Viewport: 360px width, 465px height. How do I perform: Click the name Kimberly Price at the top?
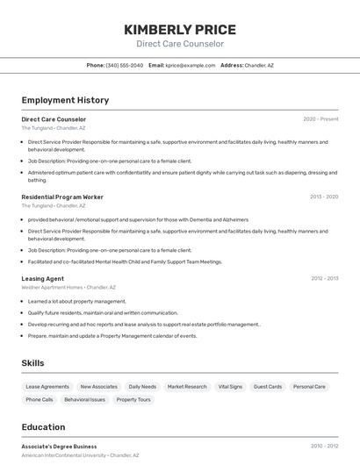(180, 29)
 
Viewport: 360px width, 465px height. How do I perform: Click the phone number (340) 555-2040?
(124, 65)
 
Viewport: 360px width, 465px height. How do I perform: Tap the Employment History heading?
(65, 100)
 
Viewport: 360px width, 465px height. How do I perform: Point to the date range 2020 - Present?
(320, 119)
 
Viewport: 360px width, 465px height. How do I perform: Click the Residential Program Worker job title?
(62, 197)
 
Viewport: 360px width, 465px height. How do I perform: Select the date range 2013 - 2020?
(324, 197)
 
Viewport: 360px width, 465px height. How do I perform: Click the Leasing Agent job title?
(43, 278)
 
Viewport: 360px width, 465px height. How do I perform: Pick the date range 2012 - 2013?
(324, 278)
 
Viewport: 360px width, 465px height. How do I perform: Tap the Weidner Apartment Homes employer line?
(68, 287)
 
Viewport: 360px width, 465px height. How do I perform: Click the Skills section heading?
(33, 362)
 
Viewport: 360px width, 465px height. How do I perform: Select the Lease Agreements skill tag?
(47, 386)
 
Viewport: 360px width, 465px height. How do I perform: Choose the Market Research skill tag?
(187, 386)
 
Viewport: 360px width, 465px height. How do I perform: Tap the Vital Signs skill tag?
(230, 386)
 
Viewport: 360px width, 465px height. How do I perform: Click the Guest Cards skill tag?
(268, 386)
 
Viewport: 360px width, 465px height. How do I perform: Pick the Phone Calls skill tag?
(40, 399)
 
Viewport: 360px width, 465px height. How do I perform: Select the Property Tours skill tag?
(133, 399)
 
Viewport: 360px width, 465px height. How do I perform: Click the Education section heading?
(43, 427)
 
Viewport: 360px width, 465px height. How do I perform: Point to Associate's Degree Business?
(60, 447)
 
